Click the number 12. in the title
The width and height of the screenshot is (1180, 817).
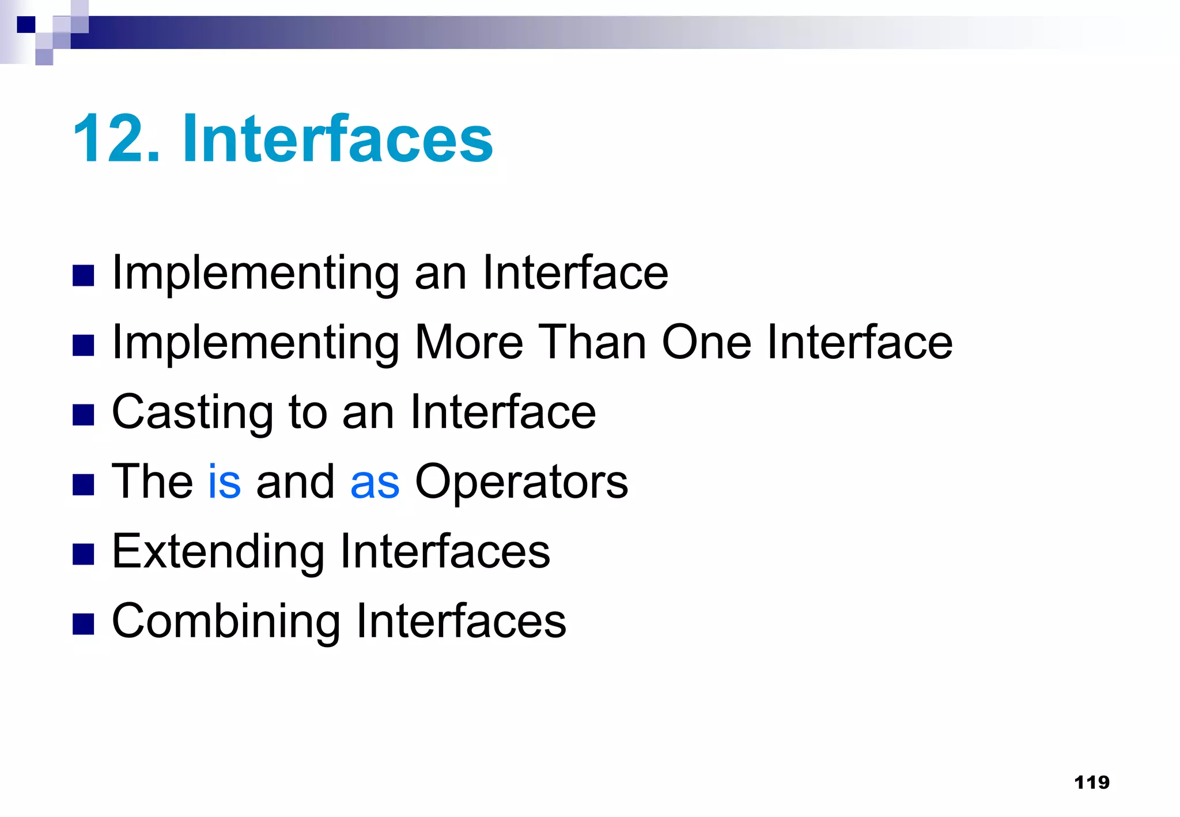tap(116, 139)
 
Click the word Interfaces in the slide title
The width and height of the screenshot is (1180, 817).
tap(338, 139)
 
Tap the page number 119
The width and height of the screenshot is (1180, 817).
tap(1092, 782)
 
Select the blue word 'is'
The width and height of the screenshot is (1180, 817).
tap(224, 481)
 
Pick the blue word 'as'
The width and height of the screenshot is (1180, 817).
tap(375, 482)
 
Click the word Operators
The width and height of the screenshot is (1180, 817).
tap(521, 482)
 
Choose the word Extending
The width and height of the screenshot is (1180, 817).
tap(218, 552)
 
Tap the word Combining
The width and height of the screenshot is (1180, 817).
tap(226, 622)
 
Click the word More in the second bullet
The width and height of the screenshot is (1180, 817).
tap(469, 342)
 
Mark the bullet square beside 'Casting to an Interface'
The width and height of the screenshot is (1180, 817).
tap(84, 415)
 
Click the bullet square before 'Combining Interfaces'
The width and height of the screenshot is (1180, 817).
tap(84, 624)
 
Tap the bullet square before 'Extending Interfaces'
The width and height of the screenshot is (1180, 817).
tap(84, 554)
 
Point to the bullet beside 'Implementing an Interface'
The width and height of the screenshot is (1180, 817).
tap(84, 275)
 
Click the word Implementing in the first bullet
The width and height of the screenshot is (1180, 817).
tap(256, 273)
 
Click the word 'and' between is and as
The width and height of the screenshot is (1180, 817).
tap(295, 481)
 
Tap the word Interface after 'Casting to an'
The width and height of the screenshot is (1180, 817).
tap(503, 413)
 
